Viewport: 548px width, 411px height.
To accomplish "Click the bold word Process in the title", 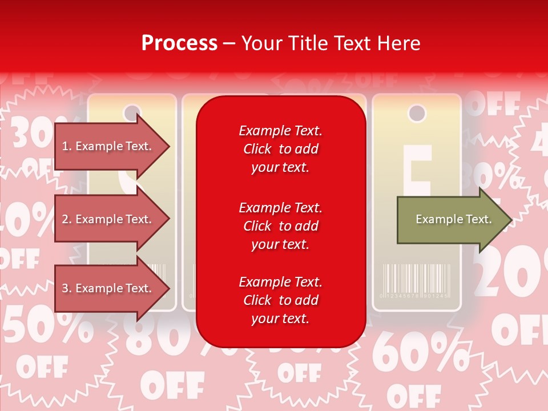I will click(x=179, y=43).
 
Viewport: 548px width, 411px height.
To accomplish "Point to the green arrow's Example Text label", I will click(x=453, y=219).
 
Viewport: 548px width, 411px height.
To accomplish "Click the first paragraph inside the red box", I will click(x=280, y=149).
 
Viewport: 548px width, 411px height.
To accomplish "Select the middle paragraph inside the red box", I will click(x=280, y=226).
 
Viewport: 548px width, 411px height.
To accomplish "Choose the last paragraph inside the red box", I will click(x=280, y=300).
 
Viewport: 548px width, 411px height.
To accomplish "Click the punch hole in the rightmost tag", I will click(x=417, y=113).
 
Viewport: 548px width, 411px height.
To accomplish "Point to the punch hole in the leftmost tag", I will click(x=132, y=112).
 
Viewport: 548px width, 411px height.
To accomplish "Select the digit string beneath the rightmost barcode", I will click(x=416, y=296).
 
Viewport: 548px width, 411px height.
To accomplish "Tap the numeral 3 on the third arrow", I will click(x=65, y=288).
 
